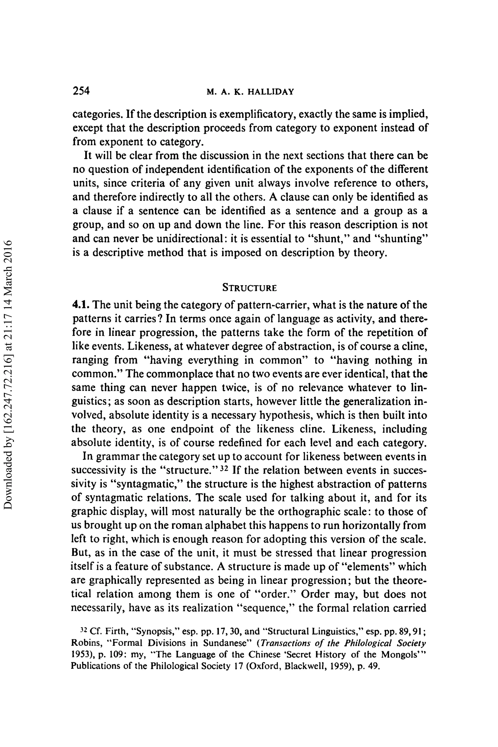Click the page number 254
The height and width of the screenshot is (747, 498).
pyautogui.click(x=81, y=91)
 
